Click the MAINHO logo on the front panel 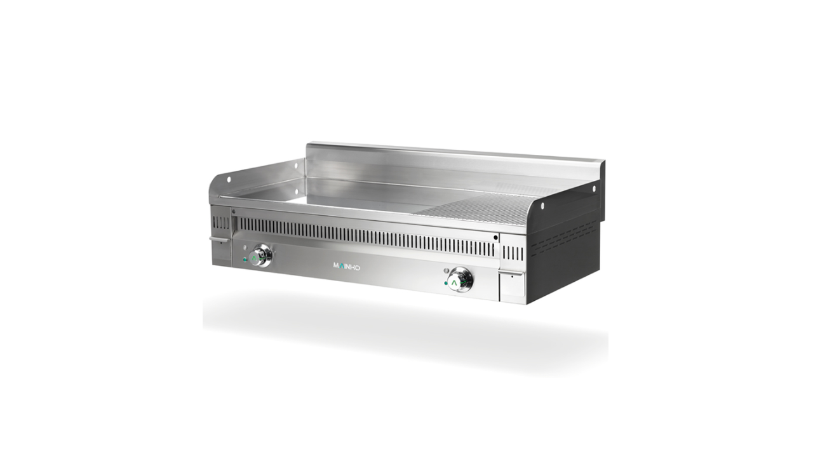click(x=347, y=267)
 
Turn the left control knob click(x=261, y=256)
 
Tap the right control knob click(x=459, y=279)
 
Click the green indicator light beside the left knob click(x=245, y=260)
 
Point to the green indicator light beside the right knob click(x=446, y=283)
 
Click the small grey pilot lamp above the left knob click(x=245, y=247)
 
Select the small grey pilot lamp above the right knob click(x=446, y=270)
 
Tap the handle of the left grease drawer click(x=219, y=239)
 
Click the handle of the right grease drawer click(x=511, y=273)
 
